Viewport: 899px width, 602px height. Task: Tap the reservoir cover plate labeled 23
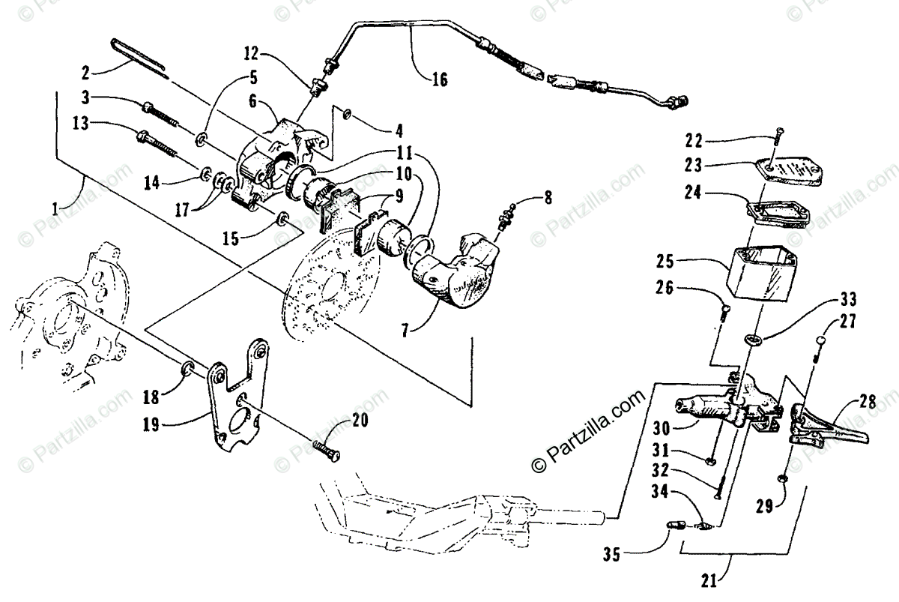click(786, 172)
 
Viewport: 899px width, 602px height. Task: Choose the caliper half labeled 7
click(449, 270)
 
